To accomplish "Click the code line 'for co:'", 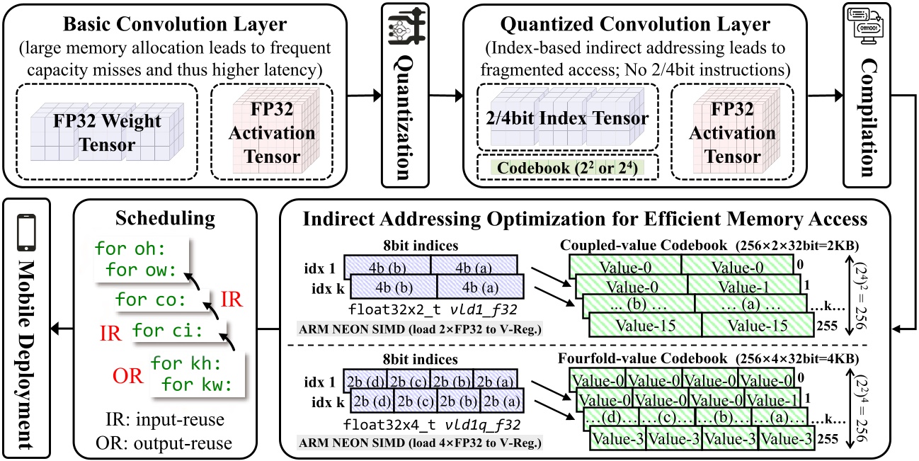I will click(x=150, y=300).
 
